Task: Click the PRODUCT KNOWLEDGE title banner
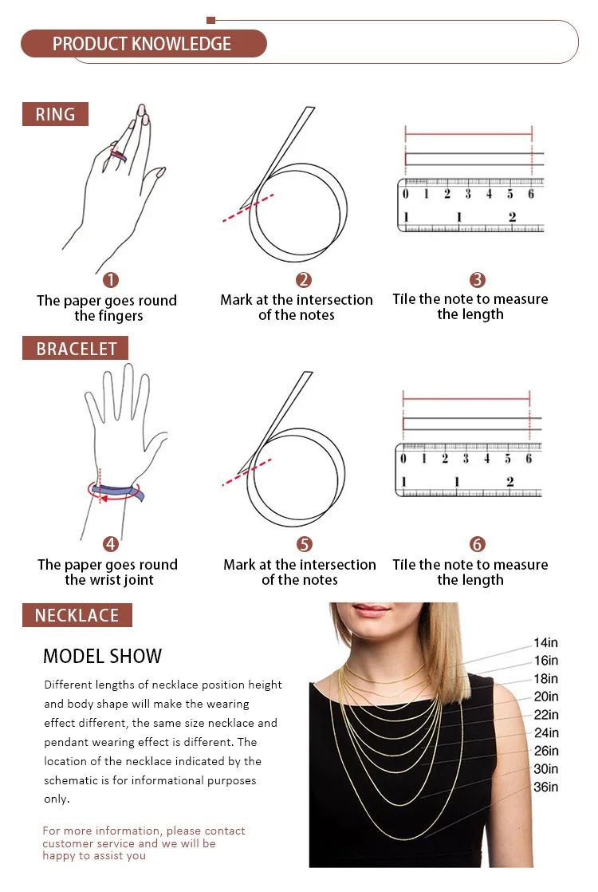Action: pos(144,44)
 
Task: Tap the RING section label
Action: pos(55,114)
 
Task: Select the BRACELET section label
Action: pos(76,348)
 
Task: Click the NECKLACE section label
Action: pos(77,615)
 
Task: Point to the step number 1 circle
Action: pos(110,280)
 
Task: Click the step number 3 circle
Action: pos(477,280)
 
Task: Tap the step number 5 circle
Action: pos(305,544)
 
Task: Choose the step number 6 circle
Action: pos(477,544)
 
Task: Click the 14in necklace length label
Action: pos(545,642)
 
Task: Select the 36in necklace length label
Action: pos(545,787)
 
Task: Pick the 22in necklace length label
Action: pos(545,715)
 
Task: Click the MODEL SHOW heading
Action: pos(102,656)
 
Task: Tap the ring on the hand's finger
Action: pos(118,156)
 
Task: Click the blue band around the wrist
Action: pos(118,491)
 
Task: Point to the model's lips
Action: pos(372,610)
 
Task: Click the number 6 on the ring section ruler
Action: pos(531,194)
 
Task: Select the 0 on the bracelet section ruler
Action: pos(403,459)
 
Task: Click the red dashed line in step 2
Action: pos(248,207)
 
